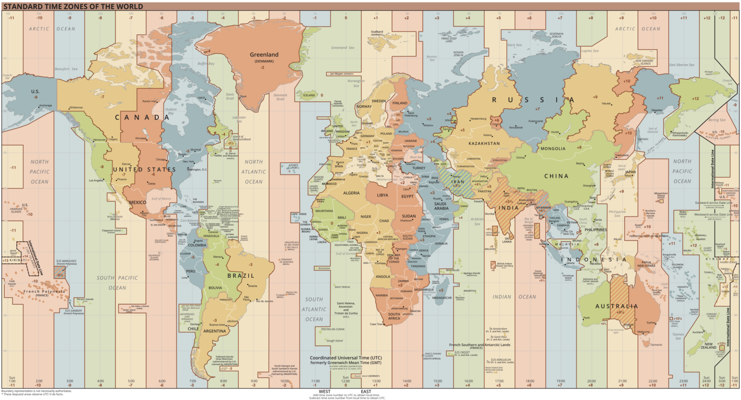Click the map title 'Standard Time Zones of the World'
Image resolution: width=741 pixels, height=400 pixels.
point(73,6)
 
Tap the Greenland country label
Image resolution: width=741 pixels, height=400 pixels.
point(264,55)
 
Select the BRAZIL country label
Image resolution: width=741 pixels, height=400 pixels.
point(241,275)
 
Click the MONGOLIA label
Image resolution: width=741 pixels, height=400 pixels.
point(552,148)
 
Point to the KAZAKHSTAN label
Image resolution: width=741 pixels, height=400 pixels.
point(484,143)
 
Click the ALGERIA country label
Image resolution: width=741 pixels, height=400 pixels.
point(351,193)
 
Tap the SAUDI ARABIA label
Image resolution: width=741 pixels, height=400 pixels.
point(441,206)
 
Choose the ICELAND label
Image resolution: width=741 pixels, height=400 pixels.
point(309,95)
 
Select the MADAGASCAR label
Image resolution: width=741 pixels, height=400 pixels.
point(442,298)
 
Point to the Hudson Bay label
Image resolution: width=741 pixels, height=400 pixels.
point(170,111)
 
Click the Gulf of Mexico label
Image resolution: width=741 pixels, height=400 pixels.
point(161,199)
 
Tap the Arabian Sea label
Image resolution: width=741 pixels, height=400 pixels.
point(477,221)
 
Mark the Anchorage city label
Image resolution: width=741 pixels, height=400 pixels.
point(45,105)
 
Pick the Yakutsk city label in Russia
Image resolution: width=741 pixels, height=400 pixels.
point(606,103)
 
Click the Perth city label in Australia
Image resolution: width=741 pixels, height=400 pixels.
point(586,318)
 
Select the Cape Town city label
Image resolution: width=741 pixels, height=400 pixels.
point(376,324)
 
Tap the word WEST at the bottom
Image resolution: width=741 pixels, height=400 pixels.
point(325,391)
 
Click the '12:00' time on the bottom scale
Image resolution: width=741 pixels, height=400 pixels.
point(345,381)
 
